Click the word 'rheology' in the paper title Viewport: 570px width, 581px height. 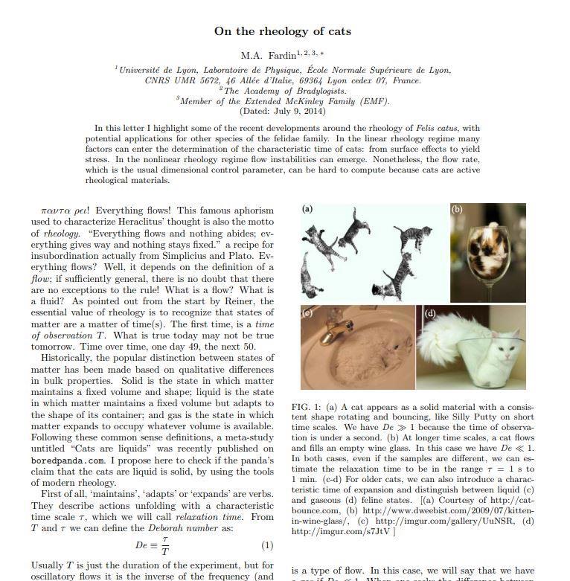[288, 31]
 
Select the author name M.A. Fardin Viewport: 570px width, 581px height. [268, 55]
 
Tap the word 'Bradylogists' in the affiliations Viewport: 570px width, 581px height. [316, 91]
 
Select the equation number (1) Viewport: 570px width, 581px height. [267, 545]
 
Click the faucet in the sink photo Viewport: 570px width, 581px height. [333, 330]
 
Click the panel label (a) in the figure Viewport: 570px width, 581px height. [308, 209]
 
